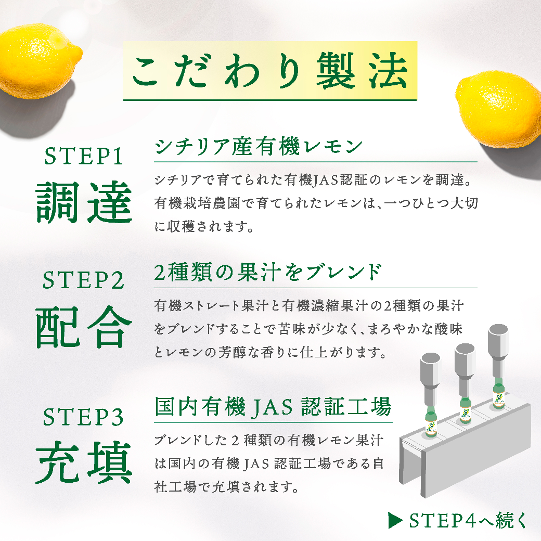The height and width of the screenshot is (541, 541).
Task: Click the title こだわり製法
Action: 270,71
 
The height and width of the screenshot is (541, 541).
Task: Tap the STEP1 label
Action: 84,156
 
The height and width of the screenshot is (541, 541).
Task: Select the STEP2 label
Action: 83,280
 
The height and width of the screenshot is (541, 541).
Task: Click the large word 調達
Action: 84,202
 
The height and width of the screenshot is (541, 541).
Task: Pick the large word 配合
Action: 84,327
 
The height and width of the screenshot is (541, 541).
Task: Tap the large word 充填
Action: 84,462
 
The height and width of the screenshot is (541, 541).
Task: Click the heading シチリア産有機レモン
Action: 259,147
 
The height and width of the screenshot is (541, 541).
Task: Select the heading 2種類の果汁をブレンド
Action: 268,272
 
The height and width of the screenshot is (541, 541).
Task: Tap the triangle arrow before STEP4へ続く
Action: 395,520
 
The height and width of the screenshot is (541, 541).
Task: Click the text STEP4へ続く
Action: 468,520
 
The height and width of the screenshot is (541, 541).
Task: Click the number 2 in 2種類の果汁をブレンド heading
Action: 160,273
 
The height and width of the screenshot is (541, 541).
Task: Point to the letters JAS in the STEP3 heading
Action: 273,408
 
